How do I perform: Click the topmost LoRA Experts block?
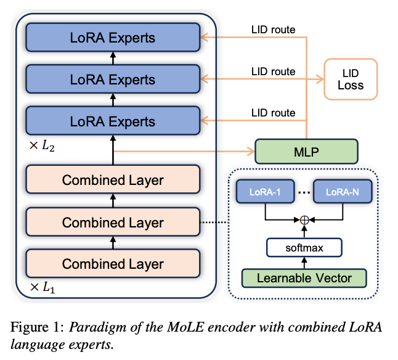pyautogui.click(x=113, y=38)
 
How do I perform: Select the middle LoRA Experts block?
pyautogui.click(x=113, y=79)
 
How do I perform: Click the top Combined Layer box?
pyautogui.click(x=113, y=181)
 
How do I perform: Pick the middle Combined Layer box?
pyautogui.click(x=113, y=222)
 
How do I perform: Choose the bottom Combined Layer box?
pyautogui.click(x=113, y=263)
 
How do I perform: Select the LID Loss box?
pyautogui.click(x=351, y=79)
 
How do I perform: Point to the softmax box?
pyautogui.click(x=304, y=248)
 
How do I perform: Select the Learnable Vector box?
pyautogui.click(x=304, y=277)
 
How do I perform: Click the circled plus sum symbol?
pyautogui.click(x=304, y=219)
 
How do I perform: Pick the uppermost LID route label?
pyautogui.click(x=273, y=29)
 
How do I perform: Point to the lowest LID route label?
pyautogui.click(x=273, y=113)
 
